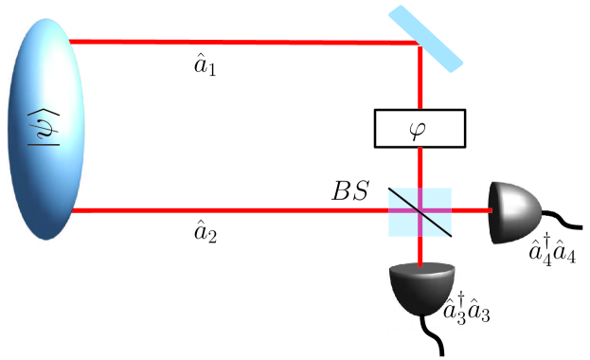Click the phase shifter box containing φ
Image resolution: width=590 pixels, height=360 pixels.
(420, 128)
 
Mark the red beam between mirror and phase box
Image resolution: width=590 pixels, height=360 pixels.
(420, 81)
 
